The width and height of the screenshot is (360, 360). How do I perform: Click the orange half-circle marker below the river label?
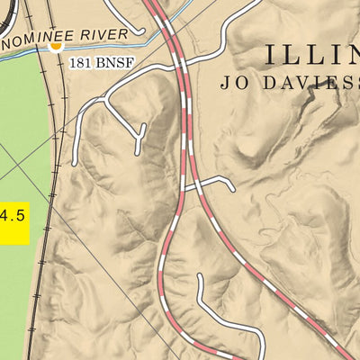[56, 46]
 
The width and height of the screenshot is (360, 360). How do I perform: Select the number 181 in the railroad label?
[82, 66]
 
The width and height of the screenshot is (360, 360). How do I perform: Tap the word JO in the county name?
[232, 83]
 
